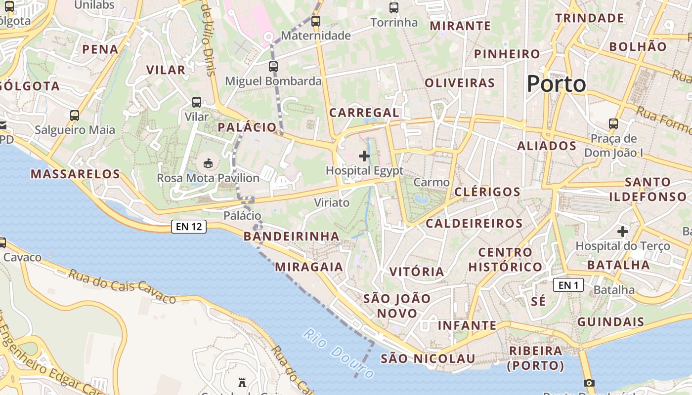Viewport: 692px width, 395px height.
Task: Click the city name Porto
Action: [x=556, y=84]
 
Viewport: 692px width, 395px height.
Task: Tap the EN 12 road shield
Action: [x=188, y=227]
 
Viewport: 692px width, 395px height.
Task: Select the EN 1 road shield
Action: [x=568, y=285]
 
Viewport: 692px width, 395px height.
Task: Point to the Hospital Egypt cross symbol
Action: [x=364, y=157]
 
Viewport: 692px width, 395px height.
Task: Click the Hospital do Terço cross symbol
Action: [x=623, y=231]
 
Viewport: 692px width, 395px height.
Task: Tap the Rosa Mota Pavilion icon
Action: [x=208, y=163]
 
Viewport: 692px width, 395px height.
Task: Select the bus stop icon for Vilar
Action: [x=197, y=102]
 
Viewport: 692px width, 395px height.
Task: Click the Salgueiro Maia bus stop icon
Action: [x=75, y=116]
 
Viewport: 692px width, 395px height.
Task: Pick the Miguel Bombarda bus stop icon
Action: [x=273, y=66]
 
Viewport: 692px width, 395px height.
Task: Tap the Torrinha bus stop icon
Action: [x=394, y=8]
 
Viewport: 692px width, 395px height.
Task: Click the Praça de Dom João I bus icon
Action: [x=613, y=123]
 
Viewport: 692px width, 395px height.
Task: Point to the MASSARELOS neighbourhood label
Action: [x=75, y=174]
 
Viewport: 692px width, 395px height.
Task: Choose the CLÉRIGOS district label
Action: [x=487, y=192]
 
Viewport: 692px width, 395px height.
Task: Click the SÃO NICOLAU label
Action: [x=428, y=358]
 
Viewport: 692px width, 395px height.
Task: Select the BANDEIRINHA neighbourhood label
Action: [x=292, y=236]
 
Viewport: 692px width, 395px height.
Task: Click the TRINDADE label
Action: [x=589, y=18]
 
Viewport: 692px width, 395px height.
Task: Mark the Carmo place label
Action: [x=432, y=182]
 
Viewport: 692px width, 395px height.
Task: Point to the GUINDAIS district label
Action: [x=611, y=322]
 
